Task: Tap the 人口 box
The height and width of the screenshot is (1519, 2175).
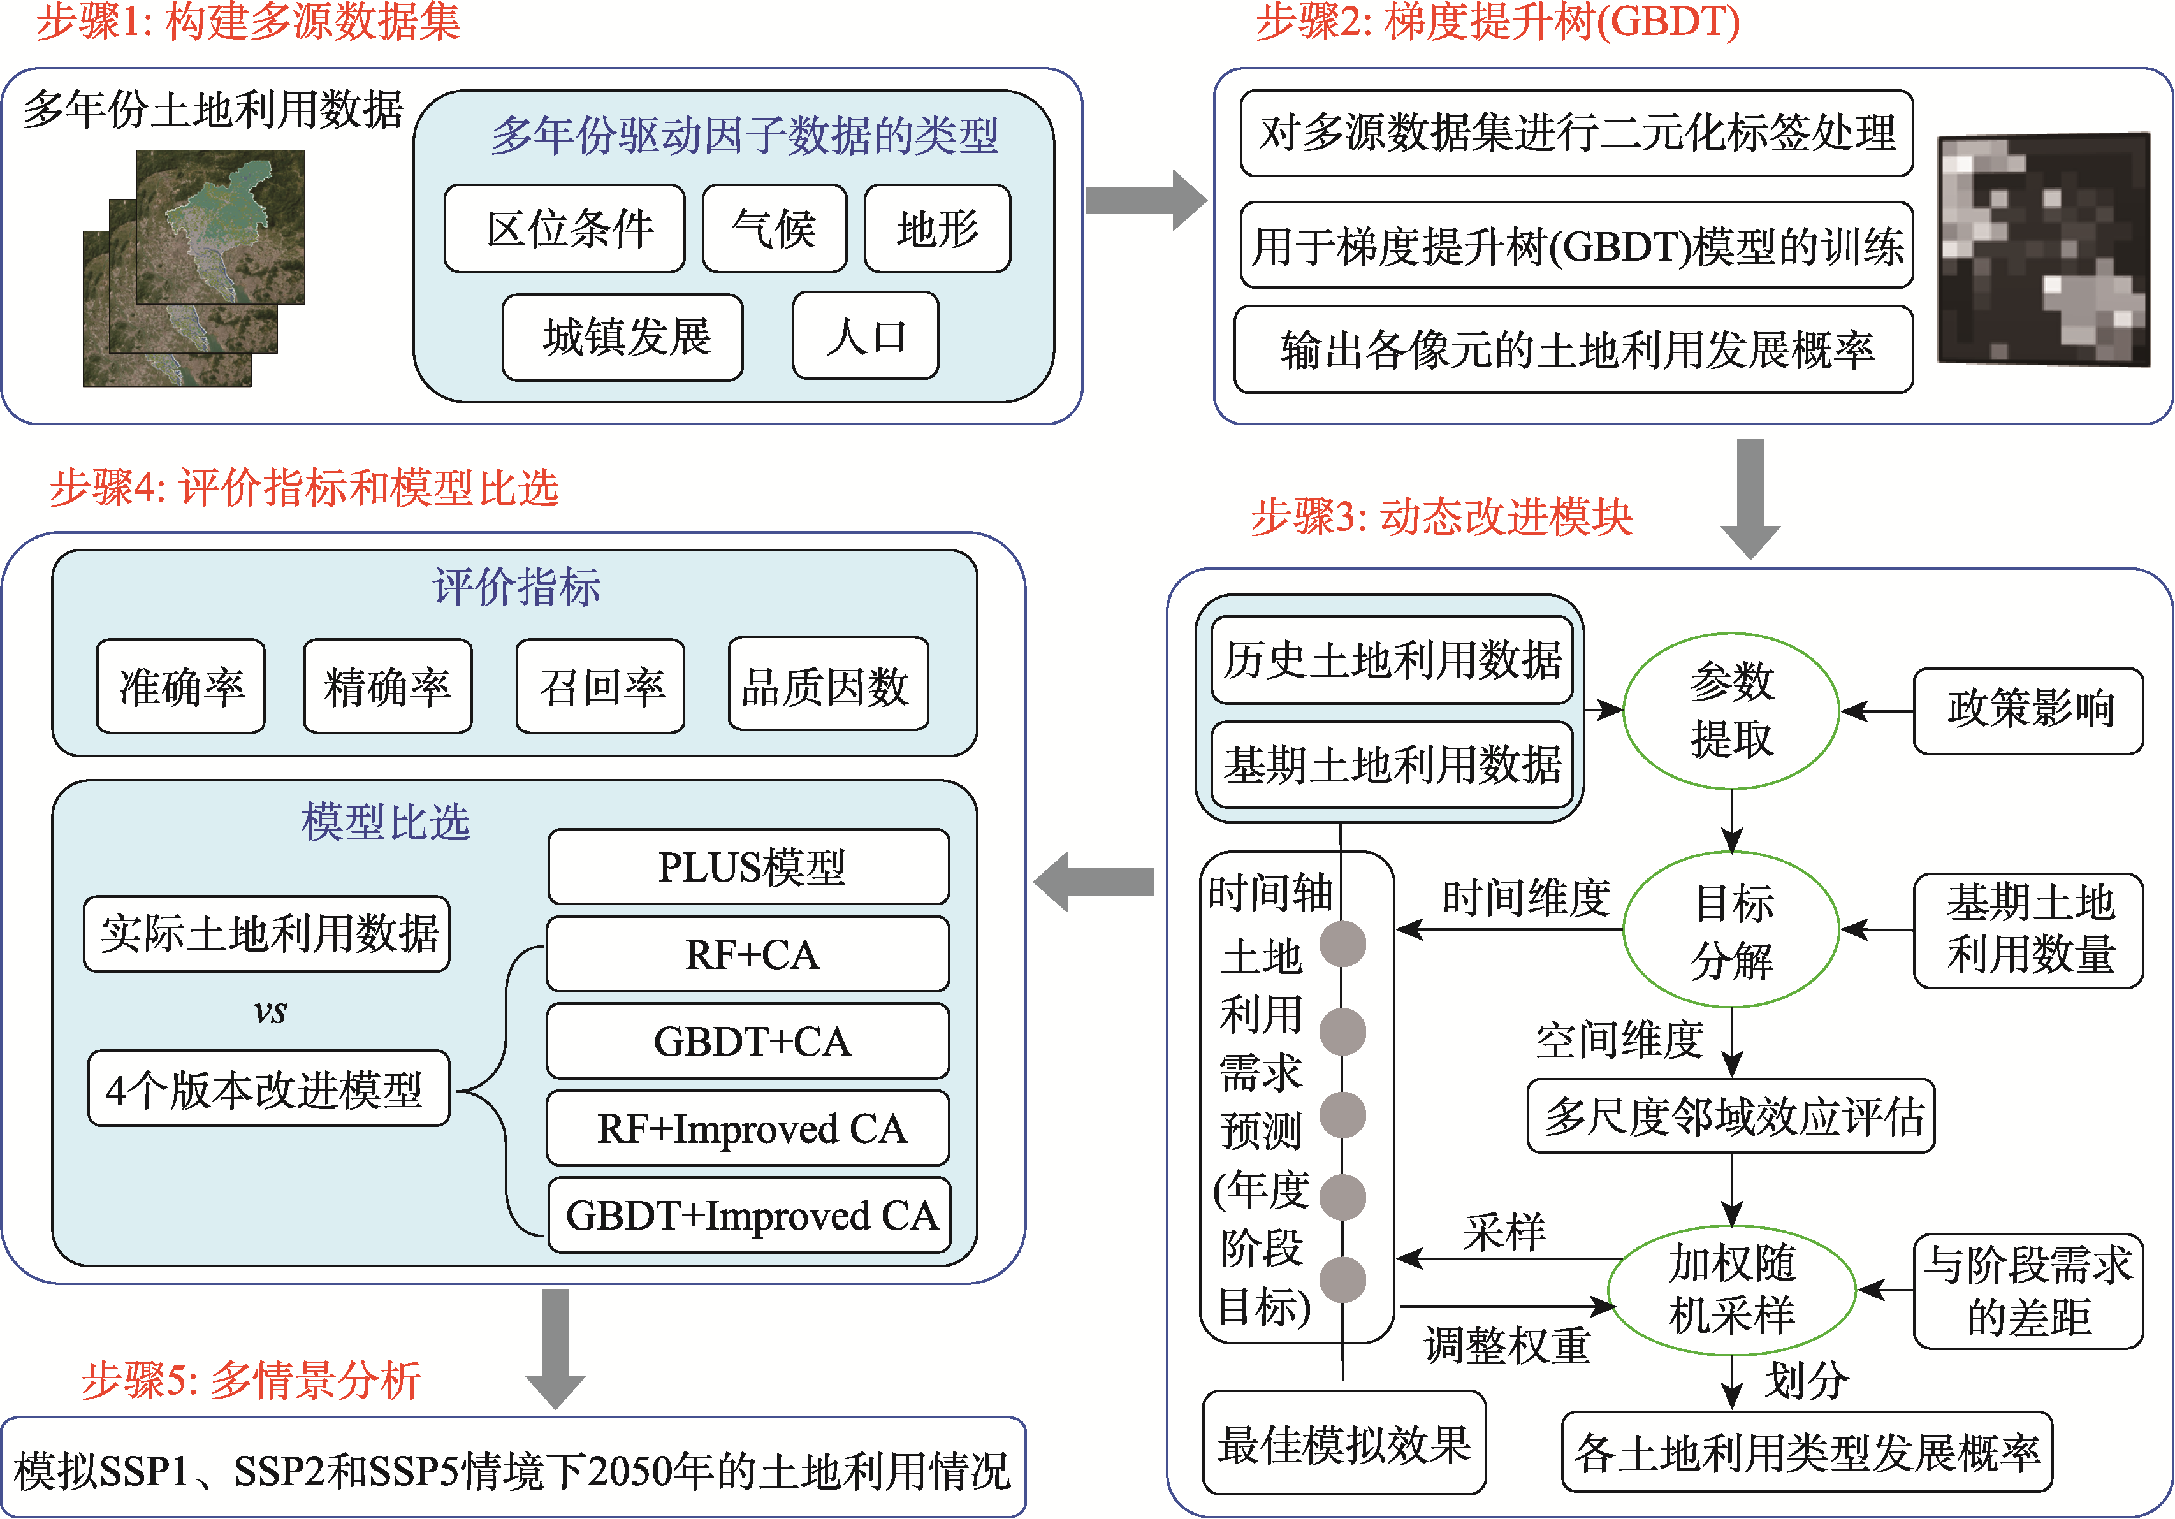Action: click(865, 336)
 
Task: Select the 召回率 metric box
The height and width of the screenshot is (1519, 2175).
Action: click(600, 687)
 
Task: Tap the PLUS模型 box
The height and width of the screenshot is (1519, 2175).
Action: click(749, 866)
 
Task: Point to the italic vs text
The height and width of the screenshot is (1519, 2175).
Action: click(270, 1012)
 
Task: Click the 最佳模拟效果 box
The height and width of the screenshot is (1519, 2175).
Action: click(1343, 1443)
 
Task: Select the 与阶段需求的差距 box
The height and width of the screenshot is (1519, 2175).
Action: click(2028, 1290)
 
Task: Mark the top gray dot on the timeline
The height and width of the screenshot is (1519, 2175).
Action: click(1342, 943)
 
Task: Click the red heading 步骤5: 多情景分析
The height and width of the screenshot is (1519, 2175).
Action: click(251, 1380)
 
